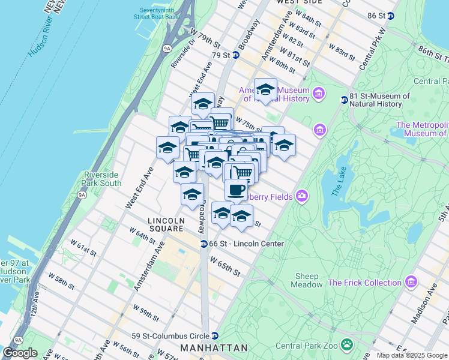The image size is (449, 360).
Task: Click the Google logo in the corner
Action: point(20,353)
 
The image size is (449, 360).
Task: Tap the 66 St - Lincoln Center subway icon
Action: point(204,244)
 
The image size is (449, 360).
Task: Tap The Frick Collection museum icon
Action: point(411,282)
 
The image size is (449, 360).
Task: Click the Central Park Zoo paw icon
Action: point(347,344)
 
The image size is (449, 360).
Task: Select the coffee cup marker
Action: point(237,190)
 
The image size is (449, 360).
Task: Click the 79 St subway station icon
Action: point(237,55)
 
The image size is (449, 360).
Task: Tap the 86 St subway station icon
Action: point(391,15)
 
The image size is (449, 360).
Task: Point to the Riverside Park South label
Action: point(103,179)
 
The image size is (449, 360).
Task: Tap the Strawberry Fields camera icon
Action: point(301,196)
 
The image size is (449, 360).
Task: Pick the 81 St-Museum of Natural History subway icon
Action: point(345,100)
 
